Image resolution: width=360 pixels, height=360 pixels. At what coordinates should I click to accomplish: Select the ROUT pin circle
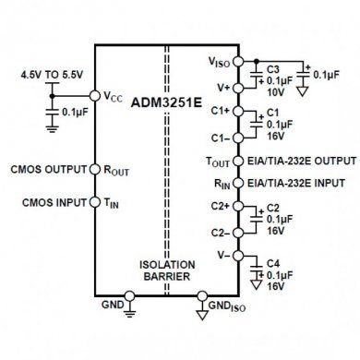pyautogui.click(x=94, y=169)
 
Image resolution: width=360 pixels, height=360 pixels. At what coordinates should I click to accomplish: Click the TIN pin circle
pyautogui.click(x=94, y=201)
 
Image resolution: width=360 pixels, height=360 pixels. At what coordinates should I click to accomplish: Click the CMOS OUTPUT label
pyautogui.click(x=46, y=169)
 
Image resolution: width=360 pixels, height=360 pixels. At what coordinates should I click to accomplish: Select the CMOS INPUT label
pyautogui.click(x=50, y=201)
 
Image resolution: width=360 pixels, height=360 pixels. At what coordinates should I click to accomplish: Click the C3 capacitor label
pyautogui.click(x=272, y=69)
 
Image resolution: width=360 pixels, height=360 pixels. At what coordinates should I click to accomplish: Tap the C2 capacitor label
pyautogui.click(x=272, y=208)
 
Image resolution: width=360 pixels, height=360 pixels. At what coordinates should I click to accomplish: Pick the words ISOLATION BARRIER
pyautogui.click(x=167, y=269)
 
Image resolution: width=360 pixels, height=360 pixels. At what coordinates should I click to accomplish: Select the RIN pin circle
pyautogui.click(x=238, y=183)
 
